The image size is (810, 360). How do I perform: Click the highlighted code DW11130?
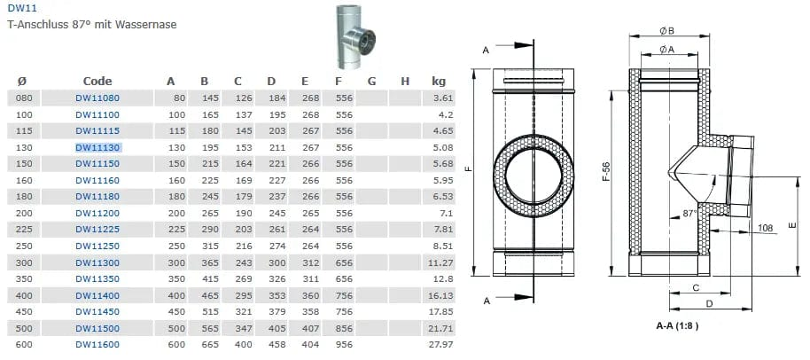coord(97,148)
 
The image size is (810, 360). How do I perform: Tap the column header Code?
coord(97,81)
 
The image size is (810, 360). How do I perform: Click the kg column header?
coord(439,82)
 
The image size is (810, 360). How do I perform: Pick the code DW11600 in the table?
coord(97,345)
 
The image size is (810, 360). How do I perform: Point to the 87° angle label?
coord(690,213)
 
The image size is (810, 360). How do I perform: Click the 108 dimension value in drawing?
coord(766,228)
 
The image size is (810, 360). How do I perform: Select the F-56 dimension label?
coord(606,171)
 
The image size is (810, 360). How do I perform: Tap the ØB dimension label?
coord(667,31)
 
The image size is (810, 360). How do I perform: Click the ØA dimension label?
coord(667,49)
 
